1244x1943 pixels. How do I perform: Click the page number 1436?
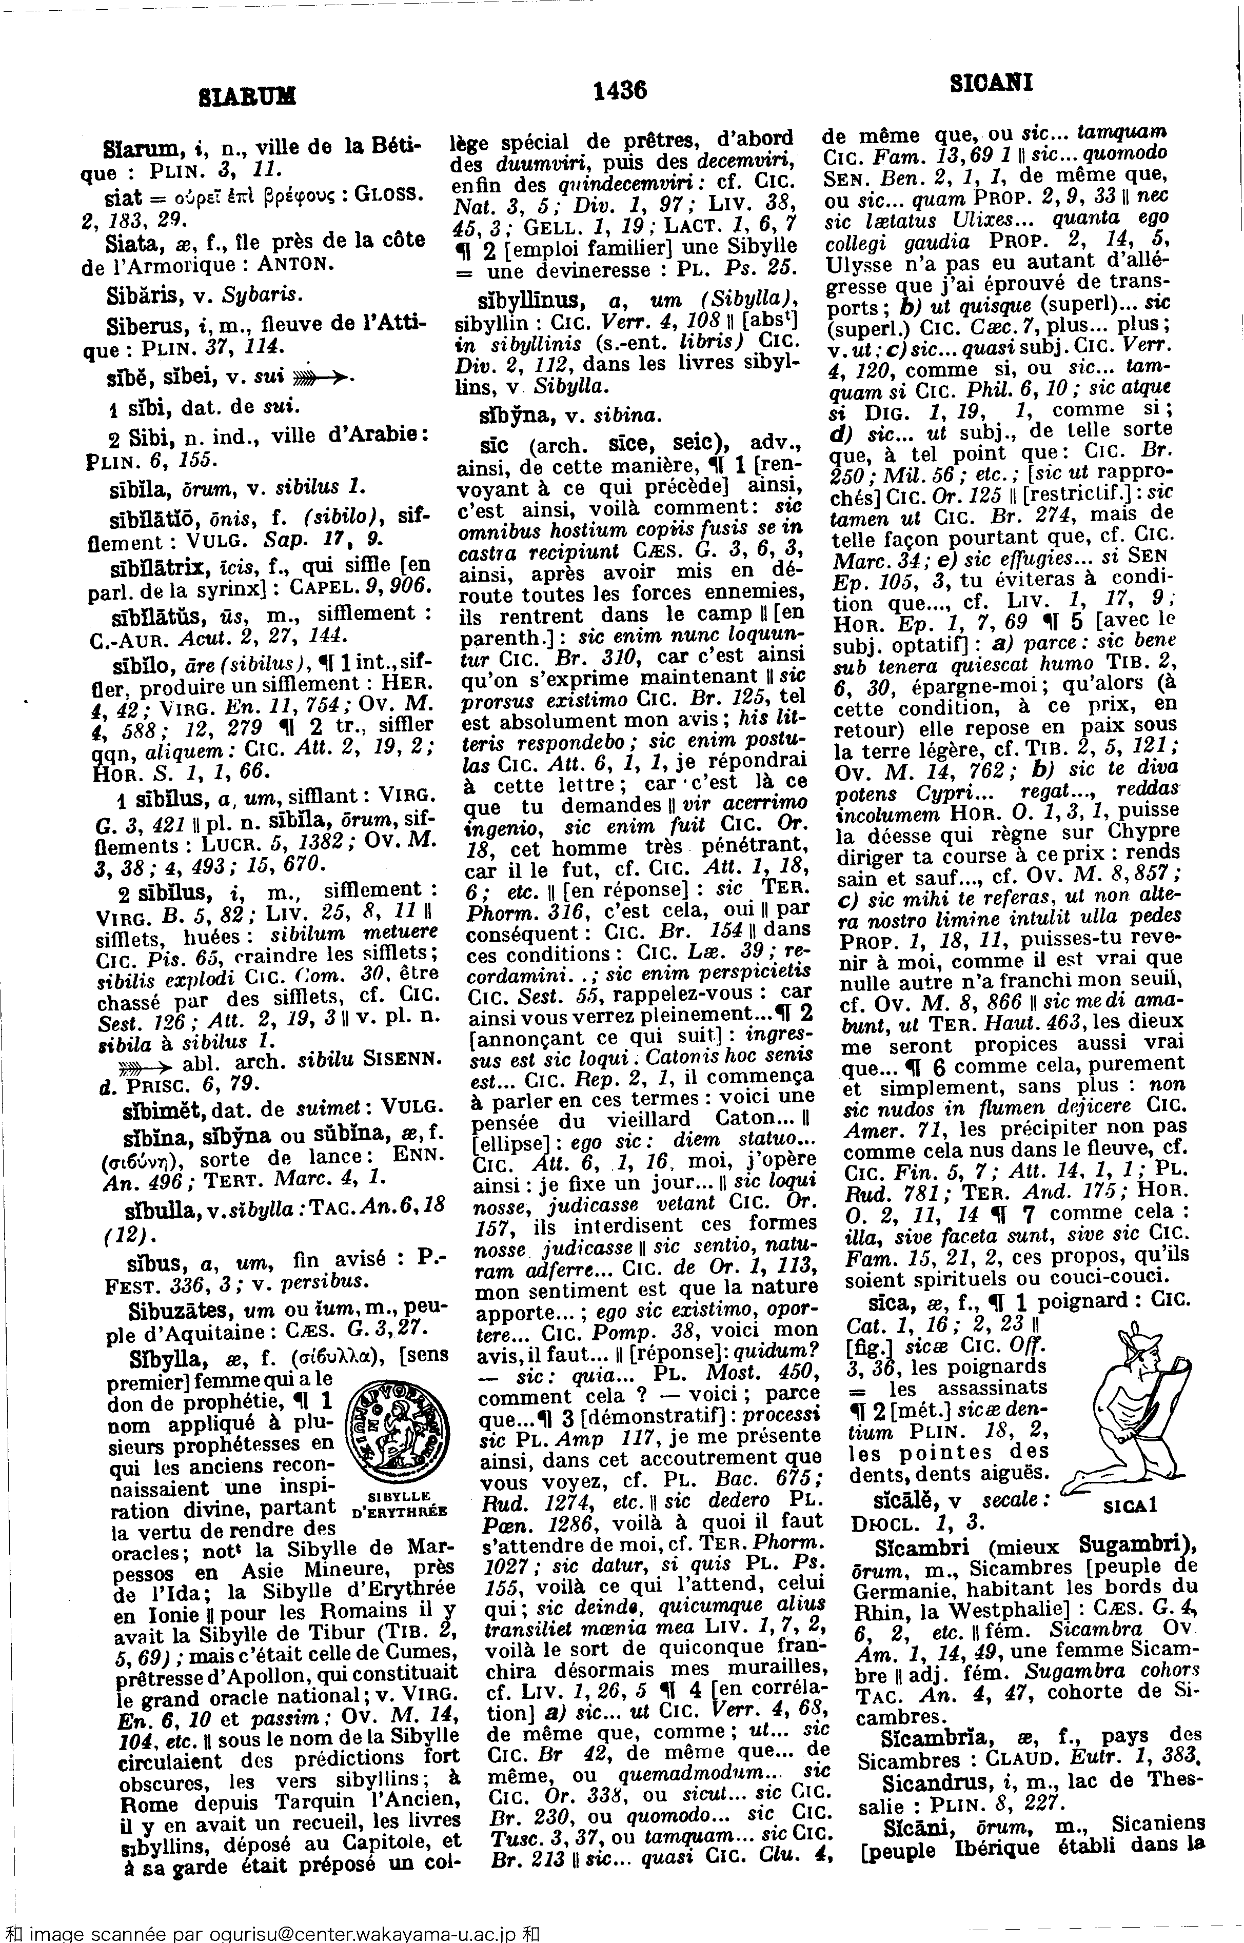620,90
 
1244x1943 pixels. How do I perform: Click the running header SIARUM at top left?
247,98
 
